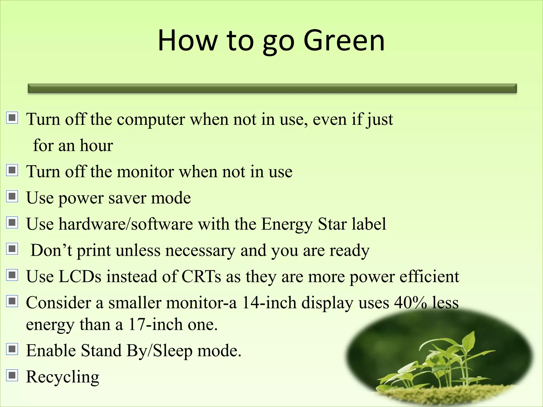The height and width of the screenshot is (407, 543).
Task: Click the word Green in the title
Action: (x=344, y=41)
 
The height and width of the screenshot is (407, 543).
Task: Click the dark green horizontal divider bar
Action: (x=272, y=89)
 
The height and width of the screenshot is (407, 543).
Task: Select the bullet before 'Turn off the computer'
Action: (x=12, y=118)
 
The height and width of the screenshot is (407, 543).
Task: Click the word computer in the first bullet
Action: (x=151, y=120)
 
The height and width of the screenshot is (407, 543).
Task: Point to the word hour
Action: (x=97, y=145)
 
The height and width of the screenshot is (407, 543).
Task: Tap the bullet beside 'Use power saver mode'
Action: (x=12, y=196)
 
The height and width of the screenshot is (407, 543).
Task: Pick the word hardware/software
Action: (x=126, y=224)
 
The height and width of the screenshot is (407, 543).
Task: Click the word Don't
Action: (x=51, y=250)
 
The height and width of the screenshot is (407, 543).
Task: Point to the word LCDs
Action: (x=80, y=276)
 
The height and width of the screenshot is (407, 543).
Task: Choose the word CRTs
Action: (x=201, y=276)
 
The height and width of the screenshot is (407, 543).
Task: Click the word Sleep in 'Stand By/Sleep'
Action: (x=173, y=351)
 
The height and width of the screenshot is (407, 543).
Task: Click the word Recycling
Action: (x=63, y=377)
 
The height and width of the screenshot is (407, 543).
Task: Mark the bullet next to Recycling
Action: (x=12, y=375)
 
